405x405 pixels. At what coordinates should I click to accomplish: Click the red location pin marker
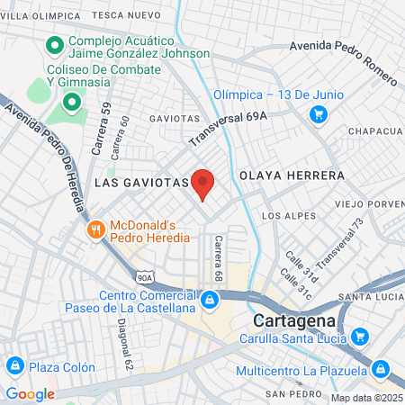202,184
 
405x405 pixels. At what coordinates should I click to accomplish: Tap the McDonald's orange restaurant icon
96,230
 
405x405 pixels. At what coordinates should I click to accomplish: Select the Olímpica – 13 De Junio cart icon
317,114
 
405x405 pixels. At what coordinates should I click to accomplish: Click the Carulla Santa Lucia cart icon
360,337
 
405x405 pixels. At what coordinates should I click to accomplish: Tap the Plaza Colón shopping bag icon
14,365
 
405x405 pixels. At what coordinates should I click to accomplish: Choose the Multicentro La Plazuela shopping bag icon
381,368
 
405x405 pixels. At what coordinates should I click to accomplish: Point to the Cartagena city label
294,320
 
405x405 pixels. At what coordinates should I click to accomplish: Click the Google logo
30,393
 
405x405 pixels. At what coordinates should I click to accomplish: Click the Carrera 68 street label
218,256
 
